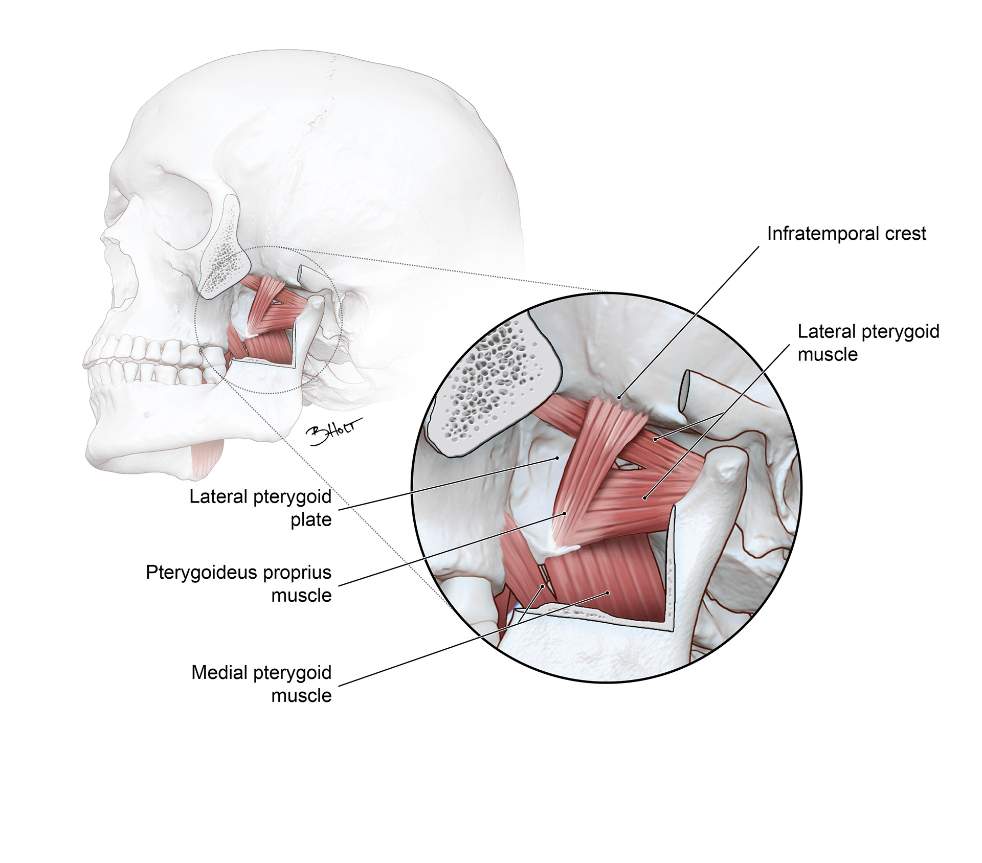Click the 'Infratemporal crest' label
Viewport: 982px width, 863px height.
846,234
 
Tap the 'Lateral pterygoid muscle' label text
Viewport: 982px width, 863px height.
868,343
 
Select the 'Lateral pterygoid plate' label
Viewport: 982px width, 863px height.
260,508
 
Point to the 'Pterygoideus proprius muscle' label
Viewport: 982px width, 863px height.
239,583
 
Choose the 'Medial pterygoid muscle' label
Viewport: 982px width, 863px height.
261,684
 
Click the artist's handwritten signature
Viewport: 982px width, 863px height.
332,431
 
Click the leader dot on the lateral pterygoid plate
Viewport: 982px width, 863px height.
557,459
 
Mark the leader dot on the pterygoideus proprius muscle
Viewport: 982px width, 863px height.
565,513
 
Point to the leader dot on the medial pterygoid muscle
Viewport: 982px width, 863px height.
608,593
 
